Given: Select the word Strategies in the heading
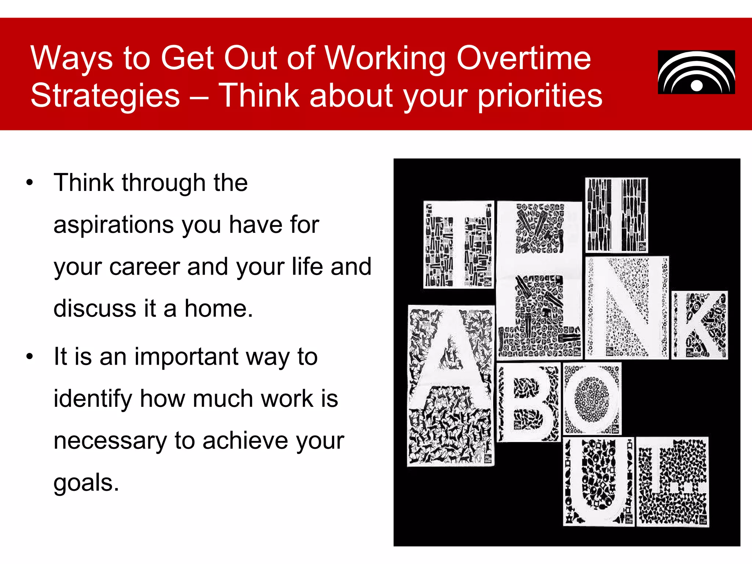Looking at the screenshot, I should pos(105,96).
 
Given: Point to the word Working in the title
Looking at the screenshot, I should pos(385,59).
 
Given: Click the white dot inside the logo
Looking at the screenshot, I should pos(697,86).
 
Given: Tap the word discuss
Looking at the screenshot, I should pos(95,308).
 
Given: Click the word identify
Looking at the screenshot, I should pos(93,399).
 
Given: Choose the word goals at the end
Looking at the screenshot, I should pos(86,483).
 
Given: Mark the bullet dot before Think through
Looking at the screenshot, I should pos(30,182).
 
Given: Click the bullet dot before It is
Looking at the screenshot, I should pos(30,356).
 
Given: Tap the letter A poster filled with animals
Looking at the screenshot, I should pos(451,386).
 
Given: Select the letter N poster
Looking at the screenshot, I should pos(627,307).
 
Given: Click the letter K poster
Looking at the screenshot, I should pos(699,325).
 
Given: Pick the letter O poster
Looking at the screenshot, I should pos(592,398).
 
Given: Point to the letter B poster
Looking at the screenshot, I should pos(528,402).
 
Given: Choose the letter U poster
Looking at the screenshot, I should pos(599,481).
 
